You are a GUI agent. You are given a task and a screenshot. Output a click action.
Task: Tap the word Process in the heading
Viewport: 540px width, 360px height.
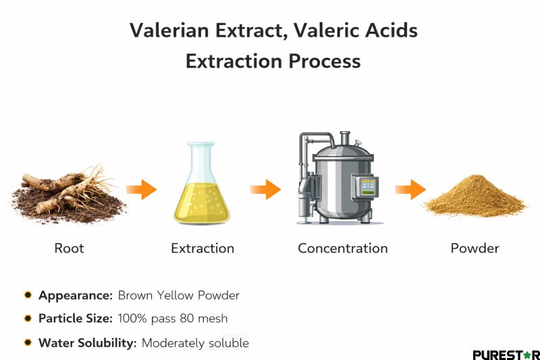point(325,61)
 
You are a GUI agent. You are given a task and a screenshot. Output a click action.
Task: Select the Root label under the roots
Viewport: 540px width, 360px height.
point(69,249)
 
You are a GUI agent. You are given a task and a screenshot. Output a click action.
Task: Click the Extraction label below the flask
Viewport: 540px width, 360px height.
point(202,249)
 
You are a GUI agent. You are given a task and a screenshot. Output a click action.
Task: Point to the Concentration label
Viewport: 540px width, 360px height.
point(343,249)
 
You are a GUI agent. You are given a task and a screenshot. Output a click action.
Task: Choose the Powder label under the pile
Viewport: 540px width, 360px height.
point(475,249)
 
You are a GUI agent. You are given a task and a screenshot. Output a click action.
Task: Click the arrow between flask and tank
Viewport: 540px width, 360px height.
point(265,189)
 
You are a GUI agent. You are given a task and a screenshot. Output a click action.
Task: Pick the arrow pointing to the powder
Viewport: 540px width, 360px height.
point(410,189)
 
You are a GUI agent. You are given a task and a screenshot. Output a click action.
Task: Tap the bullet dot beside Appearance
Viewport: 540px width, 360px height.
point(28,295)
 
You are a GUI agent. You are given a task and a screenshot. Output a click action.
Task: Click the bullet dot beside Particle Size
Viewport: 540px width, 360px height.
point(28,318)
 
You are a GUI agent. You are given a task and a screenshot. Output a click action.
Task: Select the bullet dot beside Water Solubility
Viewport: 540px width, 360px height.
point(28,342)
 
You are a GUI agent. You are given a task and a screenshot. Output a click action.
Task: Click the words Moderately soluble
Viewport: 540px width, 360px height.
point(195,343)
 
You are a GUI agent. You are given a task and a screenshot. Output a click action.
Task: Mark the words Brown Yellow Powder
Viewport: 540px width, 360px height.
point(178,295)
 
